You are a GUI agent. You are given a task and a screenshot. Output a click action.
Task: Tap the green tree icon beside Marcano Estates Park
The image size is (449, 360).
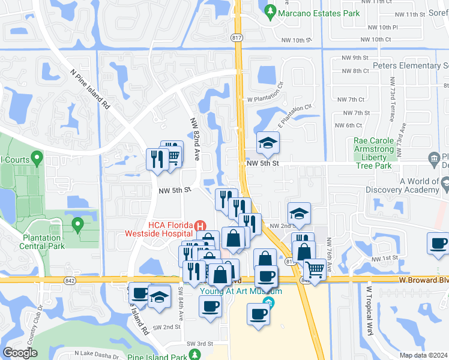pos(271,11)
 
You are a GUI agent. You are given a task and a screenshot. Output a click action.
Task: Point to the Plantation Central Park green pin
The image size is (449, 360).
pos(77,225)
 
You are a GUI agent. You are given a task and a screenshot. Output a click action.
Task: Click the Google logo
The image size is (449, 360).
pos(20,353)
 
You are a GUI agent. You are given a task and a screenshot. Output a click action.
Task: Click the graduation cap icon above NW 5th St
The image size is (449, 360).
pos(267,143)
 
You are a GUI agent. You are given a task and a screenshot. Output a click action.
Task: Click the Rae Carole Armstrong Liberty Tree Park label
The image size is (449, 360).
pos(373,153)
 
